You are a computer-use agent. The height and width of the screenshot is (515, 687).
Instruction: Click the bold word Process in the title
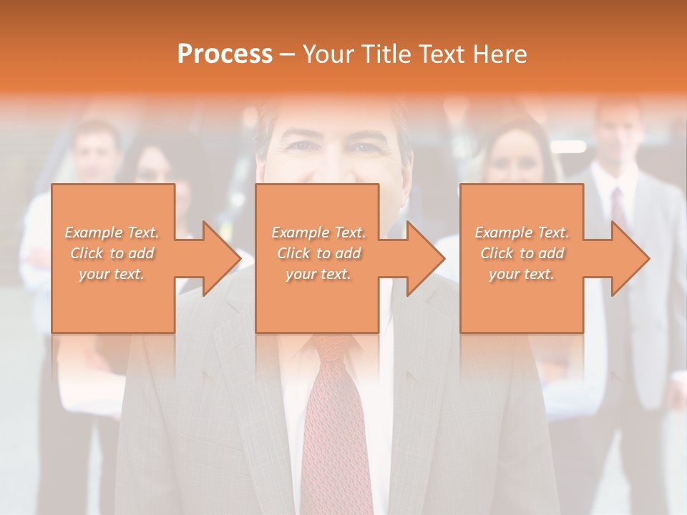click(225, 54)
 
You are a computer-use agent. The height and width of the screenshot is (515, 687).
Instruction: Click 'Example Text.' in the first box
click(112, 232)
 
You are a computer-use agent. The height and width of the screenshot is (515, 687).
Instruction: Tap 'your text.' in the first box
click(112, 274)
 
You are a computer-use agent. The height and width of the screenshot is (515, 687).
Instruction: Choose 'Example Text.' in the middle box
click(318, 232)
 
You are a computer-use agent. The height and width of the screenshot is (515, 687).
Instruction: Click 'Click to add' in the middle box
click(318, 253)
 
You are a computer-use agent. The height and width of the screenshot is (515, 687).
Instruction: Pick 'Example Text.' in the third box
click(522, 232)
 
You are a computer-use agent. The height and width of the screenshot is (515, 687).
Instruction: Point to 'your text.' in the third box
click(522, 274)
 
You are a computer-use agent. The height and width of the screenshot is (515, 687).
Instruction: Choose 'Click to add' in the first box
click(112, 253)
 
